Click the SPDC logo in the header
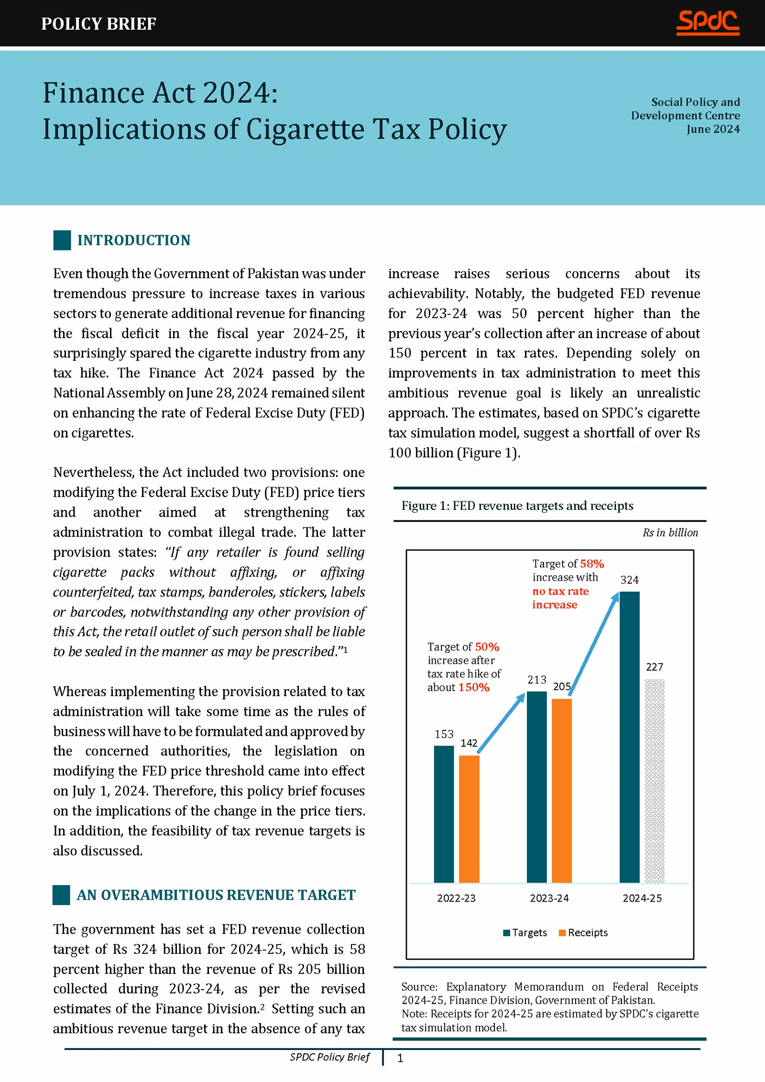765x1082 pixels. pyautogui.click(x=708, y=22)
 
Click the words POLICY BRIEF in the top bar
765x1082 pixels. pyautogui.click(x=98, y=23)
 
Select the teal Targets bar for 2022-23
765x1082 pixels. pyautogui.click(x=444, y=814)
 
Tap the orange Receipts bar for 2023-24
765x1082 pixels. pyautogui.click(x=561, y=790)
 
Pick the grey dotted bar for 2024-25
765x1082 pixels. pyautogui.click(x=654, y=780)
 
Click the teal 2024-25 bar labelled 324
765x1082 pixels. pyautogui.click(x=629, y=737)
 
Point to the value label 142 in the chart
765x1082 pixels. pyautogui.click(x=469, y=743)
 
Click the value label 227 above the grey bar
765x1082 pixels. pyautogui.click(x=654, y=667)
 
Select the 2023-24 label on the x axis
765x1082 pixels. pyautogui.click(x=549, y=898)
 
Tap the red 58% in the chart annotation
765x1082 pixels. pyautogui.click(x=592, y=563)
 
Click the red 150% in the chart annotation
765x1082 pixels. pyautogui.click(x=474, y=687)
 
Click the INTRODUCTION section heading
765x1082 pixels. pyautogui.click(x=134, y=240)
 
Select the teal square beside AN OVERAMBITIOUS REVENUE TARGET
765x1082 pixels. pyautogui.click(x=61, y=895)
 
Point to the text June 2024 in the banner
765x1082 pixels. pyautogui.click(x=713, y=129)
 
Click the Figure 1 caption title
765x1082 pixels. pyautogui.click(x=517, y=506)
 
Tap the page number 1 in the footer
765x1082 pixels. pyautogui.click(x=400, y=1058)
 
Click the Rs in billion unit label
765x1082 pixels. pyautogui.click(x=670, y=532)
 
